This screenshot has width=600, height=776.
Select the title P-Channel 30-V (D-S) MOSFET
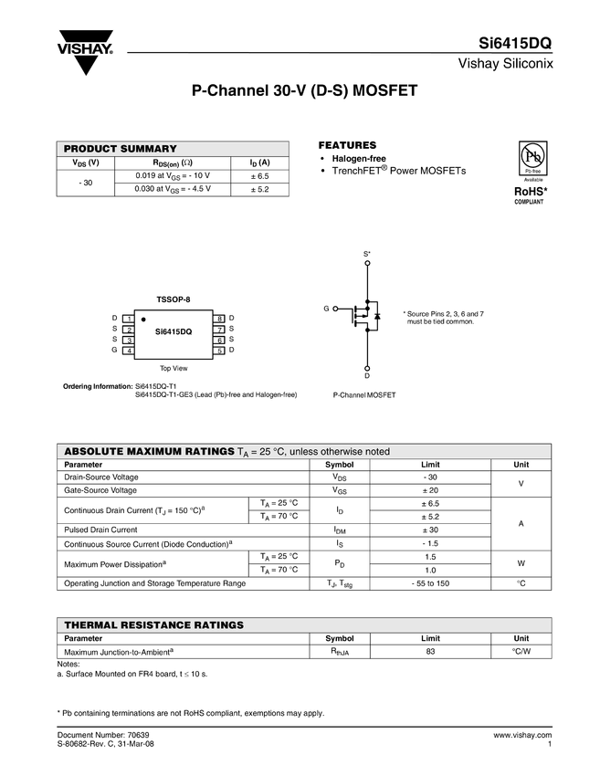[304, 92]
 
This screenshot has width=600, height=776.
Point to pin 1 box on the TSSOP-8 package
[131, 318]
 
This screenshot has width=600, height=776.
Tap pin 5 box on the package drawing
[220, 351]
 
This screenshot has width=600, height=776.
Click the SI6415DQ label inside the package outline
[174, 331]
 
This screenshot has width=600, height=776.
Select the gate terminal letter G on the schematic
[325, 309]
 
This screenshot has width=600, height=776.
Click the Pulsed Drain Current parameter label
[100, 530]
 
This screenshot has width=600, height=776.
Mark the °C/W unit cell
[521, 651]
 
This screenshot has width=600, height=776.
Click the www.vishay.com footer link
[522, 734]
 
